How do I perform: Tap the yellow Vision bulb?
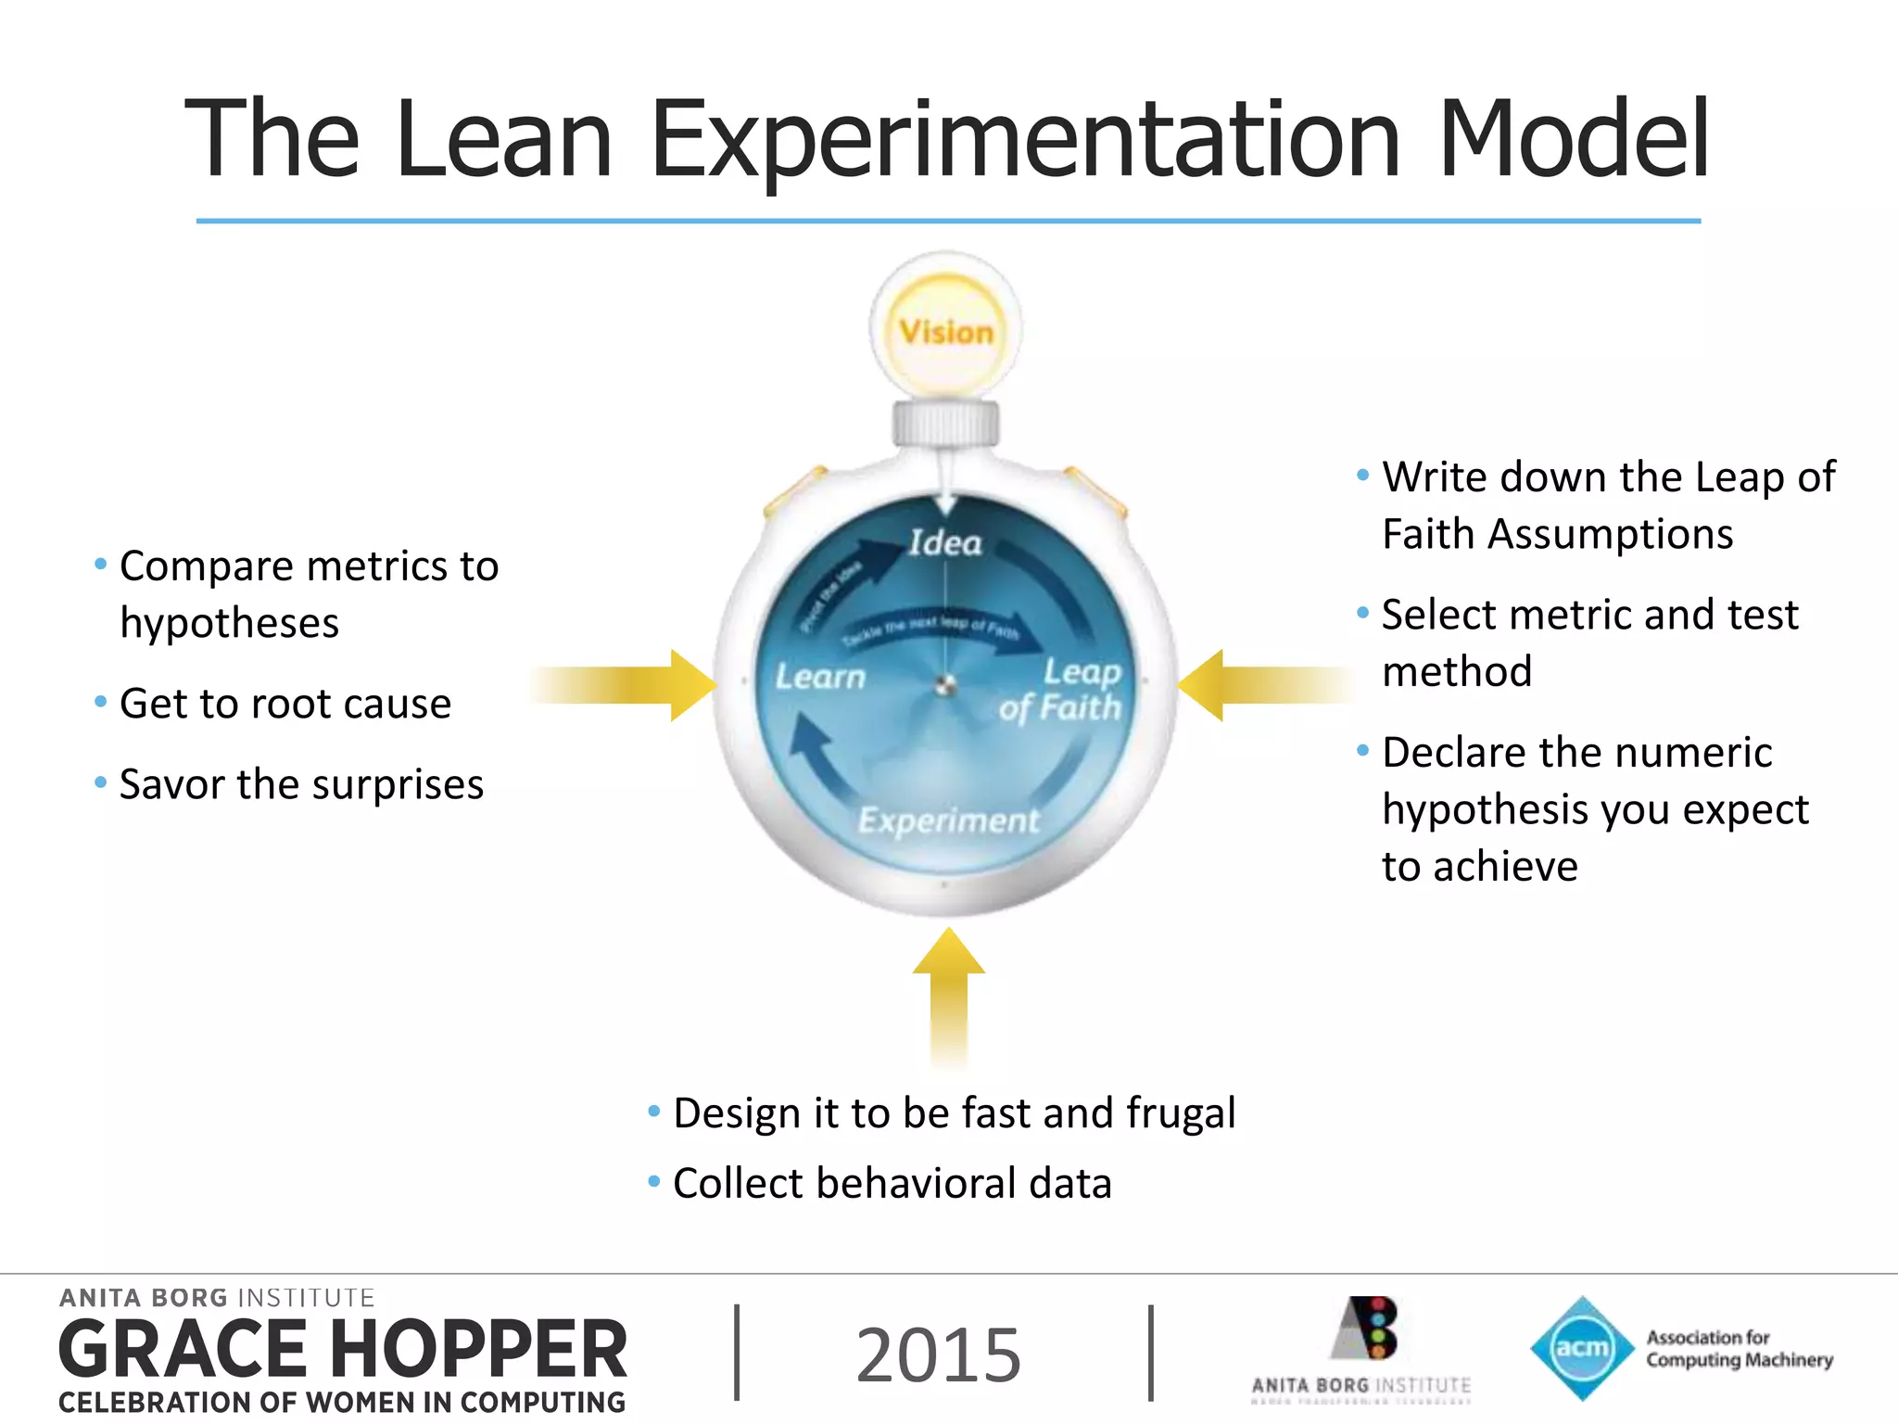tap(945, 330)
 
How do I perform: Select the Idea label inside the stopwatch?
tap(944, 542)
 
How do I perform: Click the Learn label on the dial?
tap(820, 677)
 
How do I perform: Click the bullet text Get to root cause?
tap(285, 704)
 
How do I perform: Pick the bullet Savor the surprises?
tap(301, 784)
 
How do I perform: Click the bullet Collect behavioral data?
tap(892, 1184)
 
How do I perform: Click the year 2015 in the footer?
tap(938, 1355)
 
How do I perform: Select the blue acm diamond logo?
tap(1581, 1348)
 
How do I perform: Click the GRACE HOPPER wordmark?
tap(343, 1350)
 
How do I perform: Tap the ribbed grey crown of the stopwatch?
tap(945, 424)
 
